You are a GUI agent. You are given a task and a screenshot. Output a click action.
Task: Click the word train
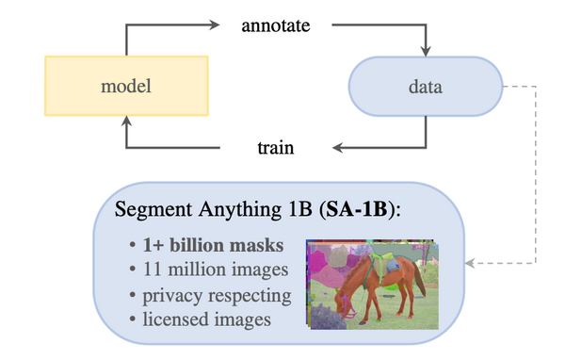point(276,148)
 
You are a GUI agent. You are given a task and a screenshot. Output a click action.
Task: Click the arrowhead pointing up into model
point(126,123)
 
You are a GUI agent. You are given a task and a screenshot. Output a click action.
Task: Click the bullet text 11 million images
point(210,271)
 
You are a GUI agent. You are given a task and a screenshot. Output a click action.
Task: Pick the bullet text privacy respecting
point(217,296)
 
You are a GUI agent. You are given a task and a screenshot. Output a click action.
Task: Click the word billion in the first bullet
point(202,247)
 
